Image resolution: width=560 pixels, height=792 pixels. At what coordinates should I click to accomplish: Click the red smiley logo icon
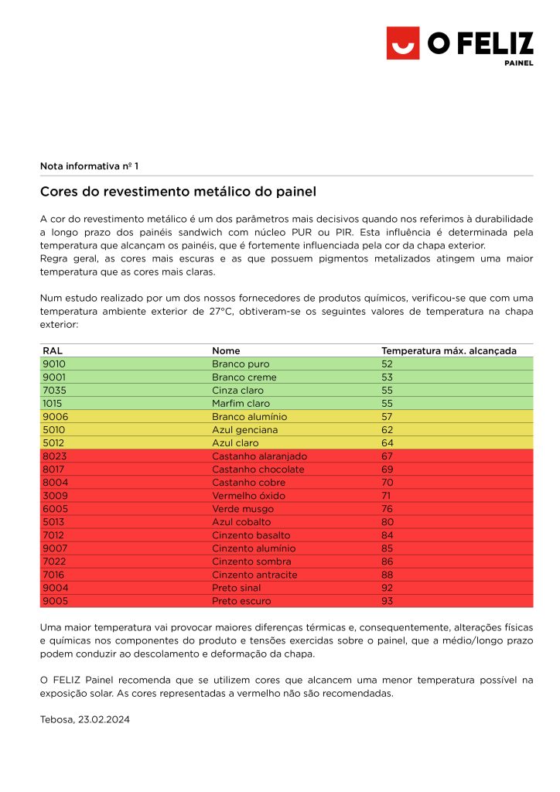click(403, 43)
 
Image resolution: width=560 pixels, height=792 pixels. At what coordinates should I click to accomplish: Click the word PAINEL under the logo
click(518, 63)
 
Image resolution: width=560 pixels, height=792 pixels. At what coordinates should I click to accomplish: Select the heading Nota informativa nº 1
click(89, 166)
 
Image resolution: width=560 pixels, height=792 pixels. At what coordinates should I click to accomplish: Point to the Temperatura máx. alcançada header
click(449, 350)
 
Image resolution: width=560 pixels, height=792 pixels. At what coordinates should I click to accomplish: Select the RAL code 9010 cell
click(54, 364)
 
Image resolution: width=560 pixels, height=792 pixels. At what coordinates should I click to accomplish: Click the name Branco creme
click(244, 377)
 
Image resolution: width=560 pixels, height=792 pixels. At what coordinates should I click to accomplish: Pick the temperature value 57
click(388, 416)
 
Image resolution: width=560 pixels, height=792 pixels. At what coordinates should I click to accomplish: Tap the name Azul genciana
click(244, 429)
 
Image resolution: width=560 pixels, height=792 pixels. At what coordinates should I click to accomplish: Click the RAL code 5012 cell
click(54, 442)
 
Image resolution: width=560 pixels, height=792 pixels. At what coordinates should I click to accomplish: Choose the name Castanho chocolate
click(258, 469)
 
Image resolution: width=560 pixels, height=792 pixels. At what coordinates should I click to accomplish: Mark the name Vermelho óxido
click(248, 495)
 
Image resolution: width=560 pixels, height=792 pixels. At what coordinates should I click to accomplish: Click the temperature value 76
click(388, 508)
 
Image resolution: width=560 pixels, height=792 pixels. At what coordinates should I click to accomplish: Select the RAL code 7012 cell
click(54, 534)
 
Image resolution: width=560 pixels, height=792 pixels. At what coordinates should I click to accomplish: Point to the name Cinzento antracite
click(254, 574)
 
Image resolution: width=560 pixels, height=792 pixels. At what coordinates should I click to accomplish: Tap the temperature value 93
click(388, 600)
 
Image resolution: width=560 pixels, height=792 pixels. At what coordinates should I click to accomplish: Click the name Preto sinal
click(237, 587)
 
